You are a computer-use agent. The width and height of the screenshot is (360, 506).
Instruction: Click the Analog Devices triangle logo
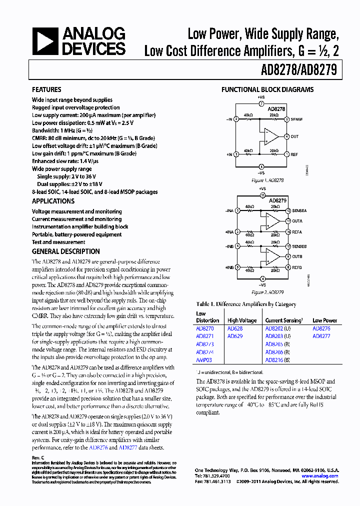45,41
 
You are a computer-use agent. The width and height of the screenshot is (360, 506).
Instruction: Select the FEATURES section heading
46,89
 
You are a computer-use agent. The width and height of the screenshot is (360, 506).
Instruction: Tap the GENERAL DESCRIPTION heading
65,251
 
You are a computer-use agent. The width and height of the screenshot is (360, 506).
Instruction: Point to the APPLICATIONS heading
53,201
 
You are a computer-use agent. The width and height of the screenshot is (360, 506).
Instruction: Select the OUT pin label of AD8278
294,136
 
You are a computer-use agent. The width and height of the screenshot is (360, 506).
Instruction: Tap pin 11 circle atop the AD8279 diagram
262,195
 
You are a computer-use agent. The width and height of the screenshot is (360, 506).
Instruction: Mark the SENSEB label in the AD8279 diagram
300,246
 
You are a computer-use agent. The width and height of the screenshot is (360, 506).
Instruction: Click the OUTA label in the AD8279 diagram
297,221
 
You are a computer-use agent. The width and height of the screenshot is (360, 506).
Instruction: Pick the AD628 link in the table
234,328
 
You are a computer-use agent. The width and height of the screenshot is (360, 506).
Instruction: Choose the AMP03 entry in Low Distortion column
204,359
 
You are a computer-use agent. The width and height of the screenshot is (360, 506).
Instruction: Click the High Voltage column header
242,320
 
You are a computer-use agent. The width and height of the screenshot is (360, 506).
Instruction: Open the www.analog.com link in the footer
320,476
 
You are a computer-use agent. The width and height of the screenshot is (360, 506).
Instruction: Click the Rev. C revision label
38,458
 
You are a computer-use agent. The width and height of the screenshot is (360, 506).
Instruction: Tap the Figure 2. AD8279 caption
267,292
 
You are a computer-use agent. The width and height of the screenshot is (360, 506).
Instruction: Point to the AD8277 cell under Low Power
321,336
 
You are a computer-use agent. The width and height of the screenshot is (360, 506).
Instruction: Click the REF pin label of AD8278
294,154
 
